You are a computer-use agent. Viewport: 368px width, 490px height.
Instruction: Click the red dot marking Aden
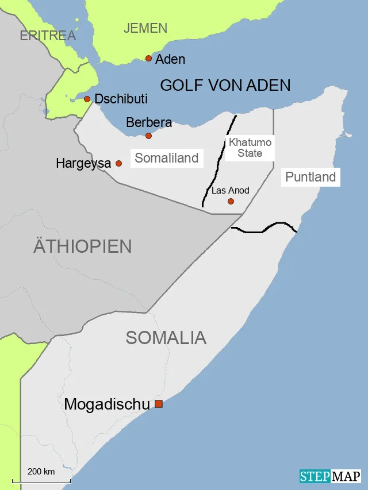[x=148, y=58]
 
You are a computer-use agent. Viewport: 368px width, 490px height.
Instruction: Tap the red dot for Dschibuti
[x=87, y=99]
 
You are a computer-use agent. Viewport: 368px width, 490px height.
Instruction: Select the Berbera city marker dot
[x=148, y=136]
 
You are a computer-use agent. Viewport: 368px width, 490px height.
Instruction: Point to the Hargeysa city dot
[x=118, y=163]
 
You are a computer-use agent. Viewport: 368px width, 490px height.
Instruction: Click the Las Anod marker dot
[x=231, y=201]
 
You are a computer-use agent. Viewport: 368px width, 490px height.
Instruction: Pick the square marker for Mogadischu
[x=159, y=404]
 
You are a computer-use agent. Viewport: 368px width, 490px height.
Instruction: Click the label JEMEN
[x=145, y=28]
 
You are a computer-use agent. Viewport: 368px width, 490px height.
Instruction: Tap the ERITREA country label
[x=48, y=36]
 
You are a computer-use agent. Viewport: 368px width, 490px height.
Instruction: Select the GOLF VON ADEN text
[x=225, y=86]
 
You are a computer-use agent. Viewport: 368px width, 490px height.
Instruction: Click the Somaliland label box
[x=166, y=158]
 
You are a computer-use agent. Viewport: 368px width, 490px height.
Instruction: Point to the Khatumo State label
[x=250, y=148]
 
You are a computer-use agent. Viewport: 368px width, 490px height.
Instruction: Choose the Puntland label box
[x=310, y=177]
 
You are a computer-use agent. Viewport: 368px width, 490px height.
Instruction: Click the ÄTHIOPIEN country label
[x=82, y=246]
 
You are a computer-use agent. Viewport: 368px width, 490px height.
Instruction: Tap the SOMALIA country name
[x=166, y=337]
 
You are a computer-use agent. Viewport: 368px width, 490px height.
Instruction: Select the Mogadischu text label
[x=106, y=404]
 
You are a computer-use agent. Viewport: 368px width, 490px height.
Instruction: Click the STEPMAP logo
[x=329, y=476]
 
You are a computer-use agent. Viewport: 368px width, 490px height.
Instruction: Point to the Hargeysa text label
[x=83, y=164]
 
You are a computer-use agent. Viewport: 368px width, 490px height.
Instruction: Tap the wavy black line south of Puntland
[x=264, y=230]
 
